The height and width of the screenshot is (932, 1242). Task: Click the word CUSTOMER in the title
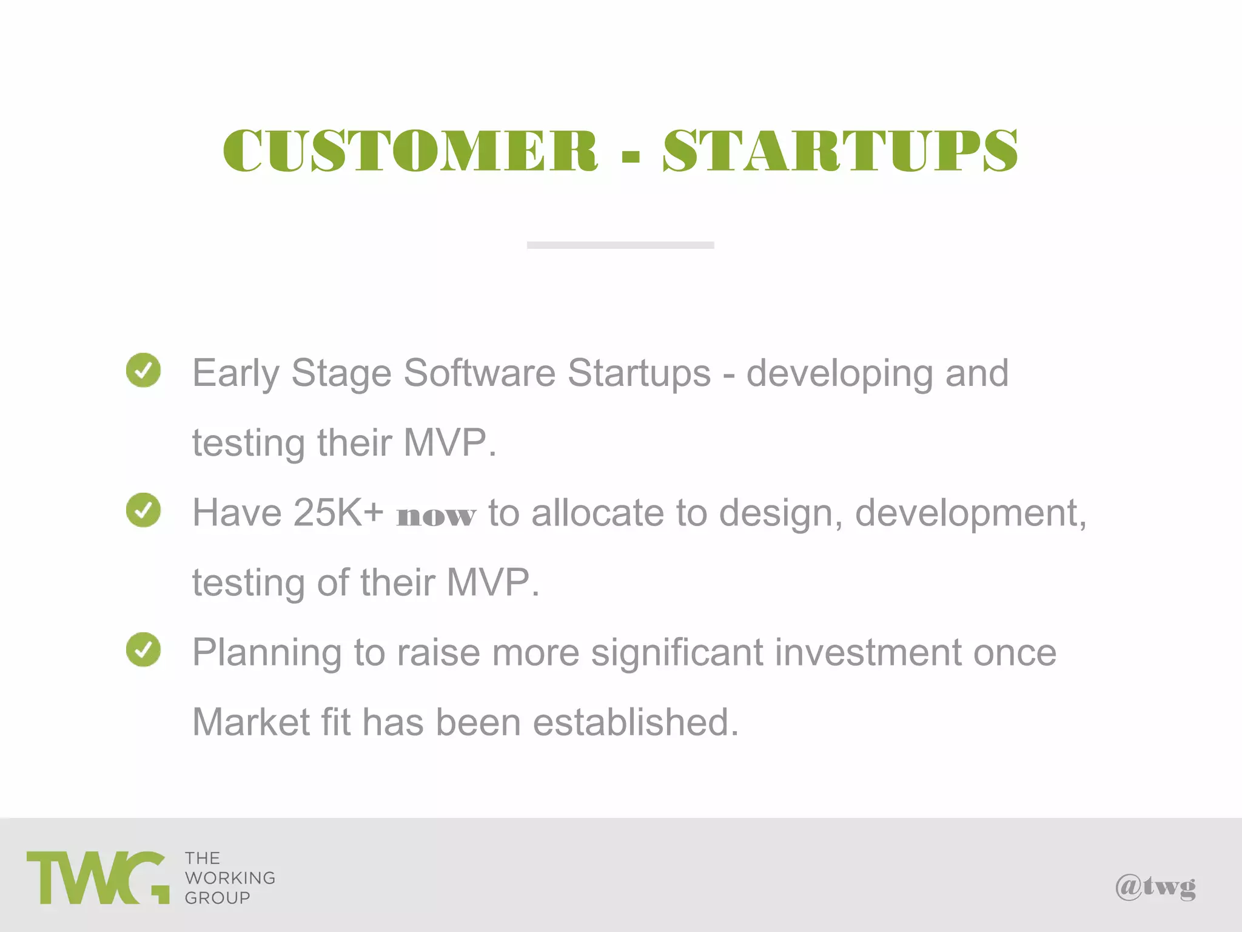click(x=411, y=150)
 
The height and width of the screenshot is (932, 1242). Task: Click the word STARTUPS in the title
click(x=840, y=150)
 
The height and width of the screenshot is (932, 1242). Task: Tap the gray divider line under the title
click(x=620, y=245)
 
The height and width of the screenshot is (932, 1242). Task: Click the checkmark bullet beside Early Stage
click(x=143, y=370)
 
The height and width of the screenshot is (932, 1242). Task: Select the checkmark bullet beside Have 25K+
click(x=143, y=510)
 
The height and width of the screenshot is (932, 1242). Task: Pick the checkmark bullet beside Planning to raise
click(x=143, y=649)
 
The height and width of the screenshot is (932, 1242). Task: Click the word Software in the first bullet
click(x=479, y=373)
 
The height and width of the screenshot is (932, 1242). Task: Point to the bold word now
click(x=435, y=516)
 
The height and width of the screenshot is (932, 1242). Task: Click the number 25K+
click(x=338, y=513)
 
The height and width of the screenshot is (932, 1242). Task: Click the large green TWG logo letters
click(x=97, y=878)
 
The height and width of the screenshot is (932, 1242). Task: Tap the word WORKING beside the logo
click(x=230, y=878)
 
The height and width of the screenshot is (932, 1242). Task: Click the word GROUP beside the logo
click(x=217, y=898)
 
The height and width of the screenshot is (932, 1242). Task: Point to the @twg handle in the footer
click(x=1155, y=887)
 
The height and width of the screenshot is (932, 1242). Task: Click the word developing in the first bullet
click(x=839, y=374)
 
